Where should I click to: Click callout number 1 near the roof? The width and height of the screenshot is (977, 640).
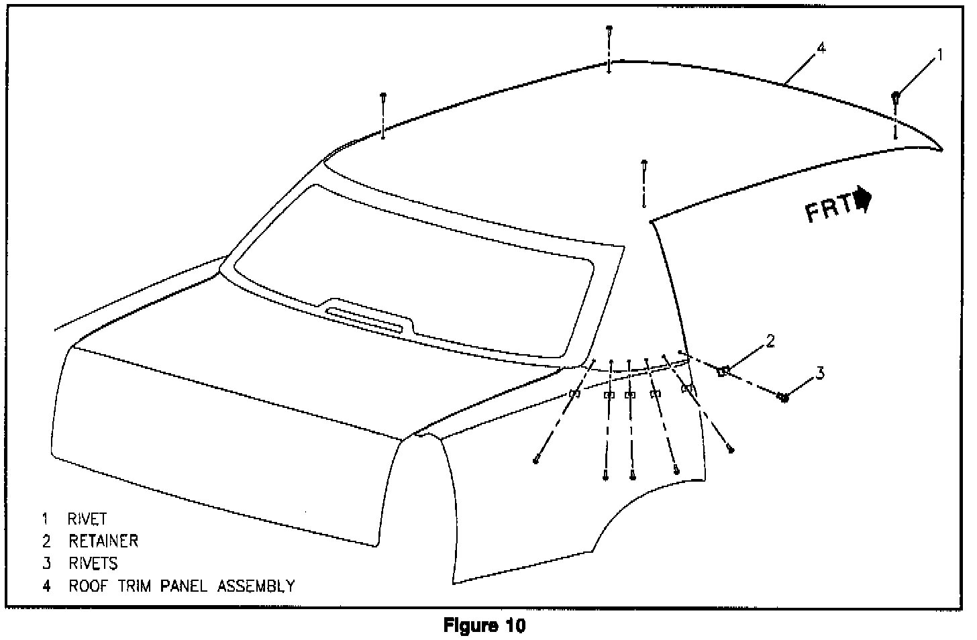(x=939, y=55)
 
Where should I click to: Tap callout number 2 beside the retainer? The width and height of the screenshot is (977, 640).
(x=770, y=341)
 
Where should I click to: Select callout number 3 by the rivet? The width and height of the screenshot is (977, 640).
(x=819, y=374)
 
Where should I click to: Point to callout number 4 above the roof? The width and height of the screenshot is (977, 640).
(x=821, y=48)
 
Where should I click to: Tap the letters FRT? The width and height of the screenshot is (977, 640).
(x=828, y=208)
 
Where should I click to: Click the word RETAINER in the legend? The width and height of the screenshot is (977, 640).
(x=103, y=541)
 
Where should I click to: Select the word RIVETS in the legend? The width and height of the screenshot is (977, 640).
(x=93, y=563)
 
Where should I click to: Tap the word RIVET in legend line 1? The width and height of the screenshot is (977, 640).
(x=87, y=519)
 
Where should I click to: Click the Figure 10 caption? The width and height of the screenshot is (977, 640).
(x=484, y=627)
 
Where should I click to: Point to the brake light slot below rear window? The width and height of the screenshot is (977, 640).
(x=364, y=319)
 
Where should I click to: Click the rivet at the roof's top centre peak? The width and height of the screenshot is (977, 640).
(x=609, y=30)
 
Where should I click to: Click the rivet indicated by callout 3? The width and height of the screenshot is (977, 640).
(x=782, y=397)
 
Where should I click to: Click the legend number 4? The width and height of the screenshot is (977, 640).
(x=46, y=586)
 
